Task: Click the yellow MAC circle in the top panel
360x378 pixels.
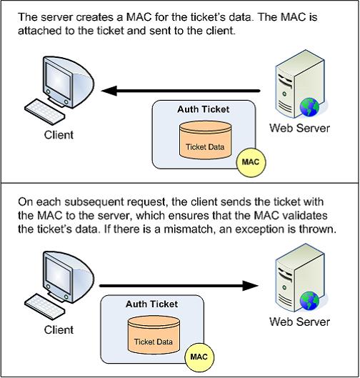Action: [251, 162]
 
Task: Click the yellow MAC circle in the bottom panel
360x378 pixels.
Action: [199, 357]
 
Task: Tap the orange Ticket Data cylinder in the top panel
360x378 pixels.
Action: [205, 140]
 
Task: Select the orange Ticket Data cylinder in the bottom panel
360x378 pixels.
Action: [154, 335]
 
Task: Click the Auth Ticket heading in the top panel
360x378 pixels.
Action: [203, 109]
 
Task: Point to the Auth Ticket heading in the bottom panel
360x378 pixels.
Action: [151, 304]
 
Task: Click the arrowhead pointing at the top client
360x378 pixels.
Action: [109, 91]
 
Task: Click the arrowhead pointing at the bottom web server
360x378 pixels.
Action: [251, 286]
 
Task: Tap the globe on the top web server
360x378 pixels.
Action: [309, 106]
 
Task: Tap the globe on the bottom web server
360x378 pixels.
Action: [309, 300]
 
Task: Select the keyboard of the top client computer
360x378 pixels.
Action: [45, 111]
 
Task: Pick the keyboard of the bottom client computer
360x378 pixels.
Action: [45, 307]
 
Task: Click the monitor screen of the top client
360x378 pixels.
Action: [58, 79]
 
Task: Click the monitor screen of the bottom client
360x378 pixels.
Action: [58, 274]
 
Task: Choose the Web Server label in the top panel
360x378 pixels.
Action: [299, 128]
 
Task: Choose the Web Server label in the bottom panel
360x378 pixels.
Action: [299, 322]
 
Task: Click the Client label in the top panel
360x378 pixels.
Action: [59, 135]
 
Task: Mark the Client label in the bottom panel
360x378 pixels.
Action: [59, 330]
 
